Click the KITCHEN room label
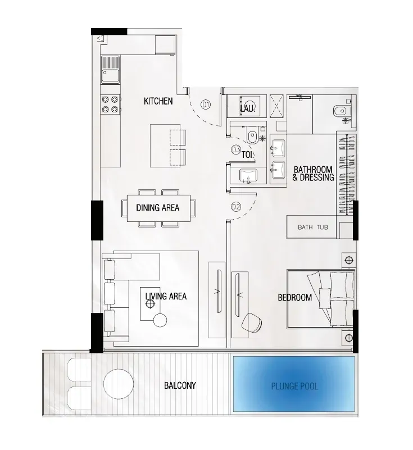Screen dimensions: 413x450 (158, 101)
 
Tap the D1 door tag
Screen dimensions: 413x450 (206, 104)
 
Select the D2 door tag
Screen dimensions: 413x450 (236, 207)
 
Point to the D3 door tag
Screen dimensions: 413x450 (236, 149)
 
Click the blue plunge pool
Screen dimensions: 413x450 (294, 384)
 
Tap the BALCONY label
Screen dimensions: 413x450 (180, 385)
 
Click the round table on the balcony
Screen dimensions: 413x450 (118, 384)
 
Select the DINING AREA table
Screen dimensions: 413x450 (158, 208)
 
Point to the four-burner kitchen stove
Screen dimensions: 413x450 (110, 104)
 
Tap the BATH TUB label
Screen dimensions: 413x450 (313, 228)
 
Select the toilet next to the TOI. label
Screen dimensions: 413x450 (252, 138)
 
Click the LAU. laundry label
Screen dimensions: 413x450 (248, 108)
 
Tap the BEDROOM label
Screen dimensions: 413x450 (295, 297)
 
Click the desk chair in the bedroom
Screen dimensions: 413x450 (252, 322)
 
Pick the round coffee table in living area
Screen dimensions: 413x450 (160, 321)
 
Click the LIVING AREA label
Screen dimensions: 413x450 (166, 296)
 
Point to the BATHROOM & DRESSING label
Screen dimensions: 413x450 (313, 174)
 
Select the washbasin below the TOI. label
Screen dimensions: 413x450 (248, 175)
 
